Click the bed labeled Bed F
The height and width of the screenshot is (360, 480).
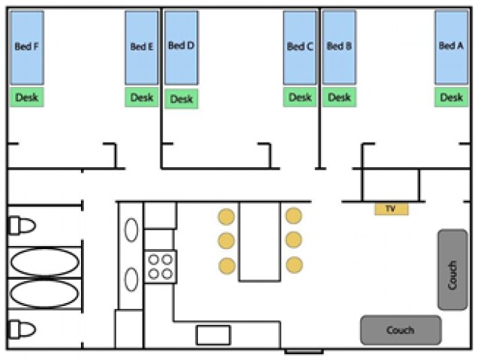pyautogui.click(x=27, y=46)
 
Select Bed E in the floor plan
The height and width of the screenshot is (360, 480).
pyautogui.click(x=142, y=46)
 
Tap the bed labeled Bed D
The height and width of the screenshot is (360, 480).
pyautogui.click(x=181, y=46)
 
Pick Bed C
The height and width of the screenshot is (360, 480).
pyautogui.click(x=299, y=46)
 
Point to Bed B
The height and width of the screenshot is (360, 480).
pyautogui.click(x=339, y=46)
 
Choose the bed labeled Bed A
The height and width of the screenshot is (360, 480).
pyautogui.click(x=451, y=46)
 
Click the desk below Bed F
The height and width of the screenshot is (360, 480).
pyautogui.click(x=27, y=97)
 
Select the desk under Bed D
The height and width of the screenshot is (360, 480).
pyautogui.click(x=181, y=99)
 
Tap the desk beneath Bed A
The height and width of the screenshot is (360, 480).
pyautogui.click(x=451, y=97)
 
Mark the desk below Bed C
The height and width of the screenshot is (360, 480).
pyautogui.click(x=299, y=97)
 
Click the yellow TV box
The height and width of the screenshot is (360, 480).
pyautogui.click(x=391, y=208)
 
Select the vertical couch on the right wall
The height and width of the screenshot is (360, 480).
pyautogui.click(x=452, y=269)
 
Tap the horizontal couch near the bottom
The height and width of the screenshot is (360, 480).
pyautogui.click(x=400, y=330)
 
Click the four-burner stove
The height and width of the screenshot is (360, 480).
pyautogui.click(x=160, y=266)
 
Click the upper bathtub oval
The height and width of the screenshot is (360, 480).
pyautogui.click(x=45, y=262)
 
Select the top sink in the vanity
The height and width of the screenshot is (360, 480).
pyautogui.click(x=131, y=229)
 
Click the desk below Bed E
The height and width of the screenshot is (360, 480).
pyautogui.click(x=142, y=97)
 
